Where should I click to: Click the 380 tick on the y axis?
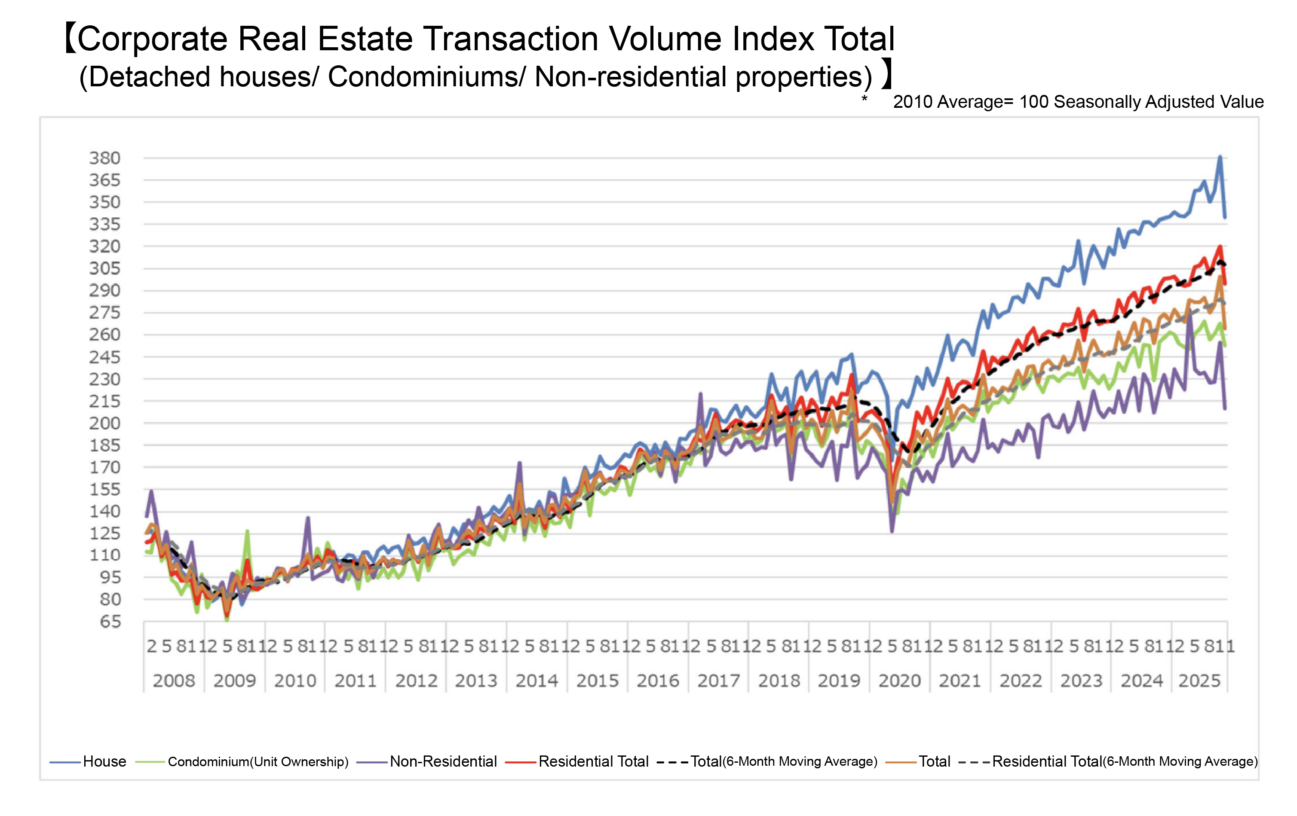(104, 158)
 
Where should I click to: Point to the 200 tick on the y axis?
(104, 423)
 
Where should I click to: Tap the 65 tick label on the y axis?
(110, 622)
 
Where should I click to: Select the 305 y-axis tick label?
(104, 268)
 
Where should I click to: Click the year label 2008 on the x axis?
(173, 681)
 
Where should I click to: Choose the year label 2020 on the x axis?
(899, 681)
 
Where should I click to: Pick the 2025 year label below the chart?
(1199, 681)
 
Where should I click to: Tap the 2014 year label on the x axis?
(537, 681)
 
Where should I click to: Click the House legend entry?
(104, 761)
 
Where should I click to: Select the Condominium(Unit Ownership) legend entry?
(258, 761)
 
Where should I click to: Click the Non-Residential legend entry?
(443, 761)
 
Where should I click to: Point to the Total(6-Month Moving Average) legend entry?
(784, 761)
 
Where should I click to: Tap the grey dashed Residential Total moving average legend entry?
(1125, 761)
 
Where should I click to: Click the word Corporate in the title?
(153, 39)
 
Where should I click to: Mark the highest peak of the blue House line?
(1220, 157)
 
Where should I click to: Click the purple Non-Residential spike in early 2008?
(151, 491)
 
